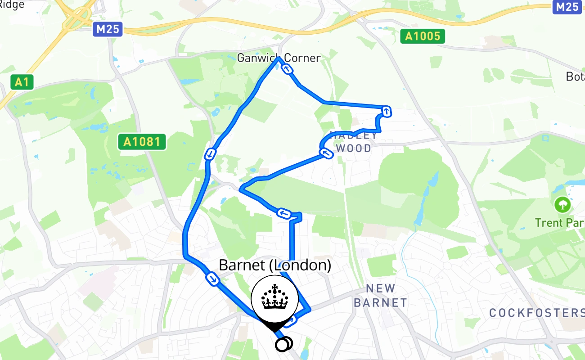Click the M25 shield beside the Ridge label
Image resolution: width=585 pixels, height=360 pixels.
pos(108,30)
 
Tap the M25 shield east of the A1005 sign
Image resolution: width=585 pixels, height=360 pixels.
pos(567,7)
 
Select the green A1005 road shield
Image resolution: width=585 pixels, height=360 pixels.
pos(423,36)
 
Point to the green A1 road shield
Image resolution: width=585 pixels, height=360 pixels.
pos(22,82)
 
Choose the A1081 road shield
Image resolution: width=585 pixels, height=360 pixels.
pos(142,142)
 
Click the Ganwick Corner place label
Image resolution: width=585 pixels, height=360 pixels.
pos(279,58)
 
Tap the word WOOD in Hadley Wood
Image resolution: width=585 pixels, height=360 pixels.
pos(354,148)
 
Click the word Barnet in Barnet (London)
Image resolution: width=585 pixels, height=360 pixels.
pos(242,265)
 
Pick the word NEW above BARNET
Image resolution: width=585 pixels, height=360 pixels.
pos(380,288)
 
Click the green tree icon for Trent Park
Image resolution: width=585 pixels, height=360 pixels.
pos(562,206)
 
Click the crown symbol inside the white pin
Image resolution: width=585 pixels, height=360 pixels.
pos(274,298)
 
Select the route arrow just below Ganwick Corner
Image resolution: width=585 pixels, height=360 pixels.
pos(287,69)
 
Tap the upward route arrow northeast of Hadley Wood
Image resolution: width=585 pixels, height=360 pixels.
pos(386,111)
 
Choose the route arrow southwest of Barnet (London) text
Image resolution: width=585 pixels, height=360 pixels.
pos(213,279)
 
